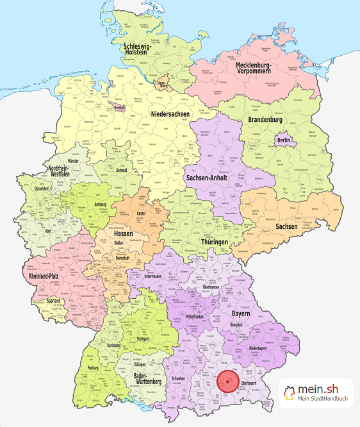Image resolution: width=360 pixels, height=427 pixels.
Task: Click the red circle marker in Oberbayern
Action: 227,381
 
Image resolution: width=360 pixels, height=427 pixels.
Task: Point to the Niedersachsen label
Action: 170,114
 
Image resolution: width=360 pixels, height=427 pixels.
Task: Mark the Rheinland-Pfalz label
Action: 48,276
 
